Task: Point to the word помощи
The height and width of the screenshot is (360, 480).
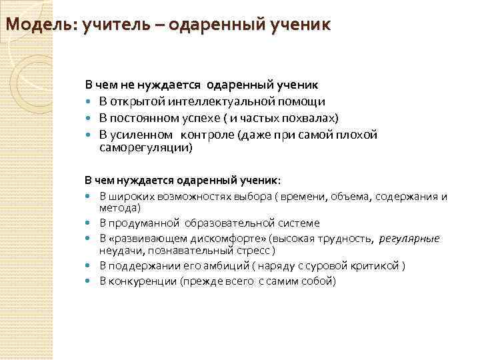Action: pos(304,102)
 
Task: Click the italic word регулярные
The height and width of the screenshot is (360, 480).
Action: pos(410,239)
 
